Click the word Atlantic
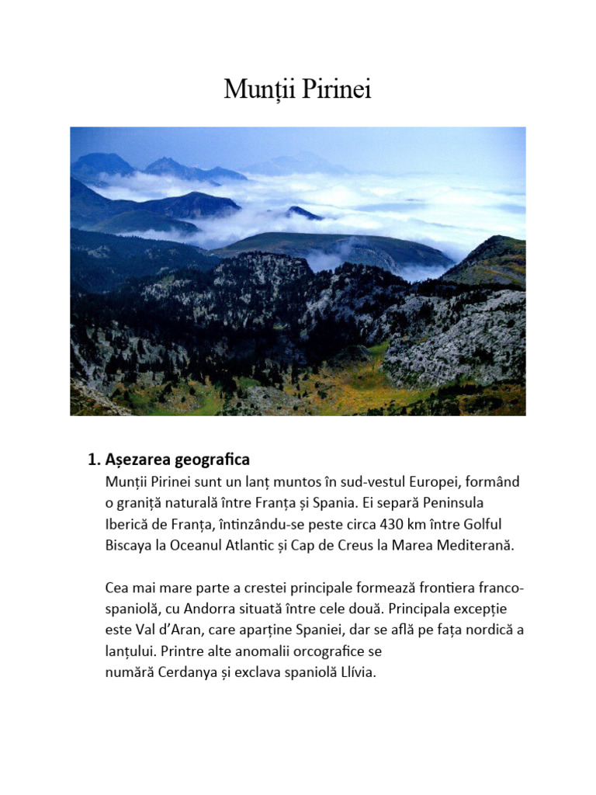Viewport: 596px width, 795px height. (x=241, y=544)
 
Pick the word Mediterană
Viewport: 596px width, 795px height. (x=476, y=544)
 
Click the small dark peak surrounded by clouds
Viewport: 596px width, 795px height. (x=303, y=212)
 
